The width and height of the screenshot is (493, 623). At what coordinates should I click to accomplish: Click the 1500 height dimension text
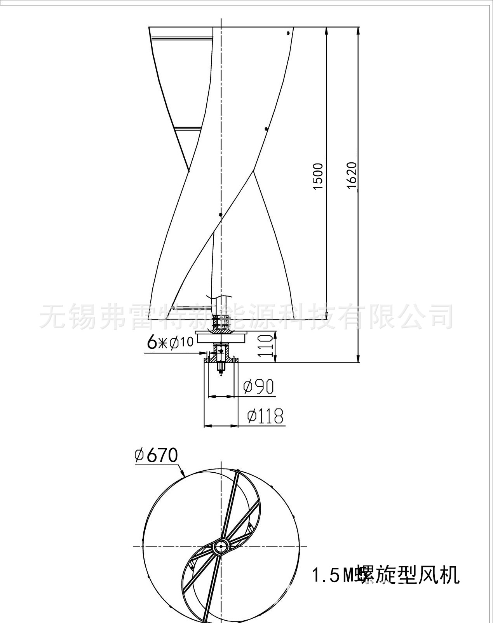[x=318, y=176]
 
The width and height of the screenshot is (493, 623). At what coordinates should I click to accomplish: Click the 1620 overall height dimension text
[x=351, y=175]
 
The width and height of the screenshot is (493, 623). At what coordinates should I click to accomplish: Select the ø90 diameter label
[x=258, y=387]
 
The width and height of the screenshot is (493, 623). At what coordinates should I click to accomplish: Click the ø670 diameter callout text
[x=155, y=456]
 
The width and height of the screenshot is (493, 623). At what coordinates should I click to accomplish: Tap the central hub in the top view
[x=221, y=546]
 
